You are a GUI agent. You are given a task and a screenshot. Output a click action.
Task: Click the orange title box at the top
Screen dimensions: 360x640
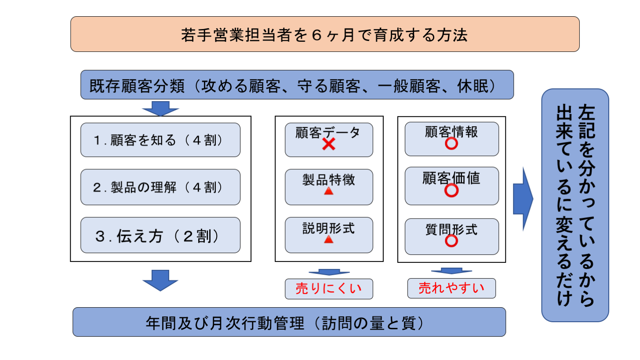pyautogui.click(x=324, y=34)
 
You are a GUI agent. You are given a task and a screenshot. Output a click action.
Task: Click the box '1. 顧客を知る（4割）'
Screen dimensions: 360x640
pyautogui.click(x=160, y=140)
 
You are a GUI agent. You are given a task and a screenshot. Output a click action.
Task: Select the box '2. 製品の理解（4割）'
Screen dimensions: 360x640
pyautogui.click(x=160, y=187)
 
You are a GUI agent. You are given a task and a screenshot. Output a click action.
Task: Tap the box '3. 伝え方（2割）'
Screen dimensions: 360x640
pyautogui.click(x=160, y=235)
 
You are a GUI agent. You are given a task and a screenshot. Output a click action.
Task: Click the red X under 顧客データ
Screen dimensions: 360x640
pyautogui.click(x=328, y=144)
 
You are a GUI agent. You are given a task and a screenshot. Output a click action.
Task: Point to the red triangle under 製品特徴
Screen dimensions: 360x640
pyautogui.click(x=328, y=192)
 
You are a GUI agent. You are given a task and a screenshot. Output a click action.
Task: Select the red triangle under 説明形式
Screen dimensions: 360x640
pyautogui.click(x=328, y=240)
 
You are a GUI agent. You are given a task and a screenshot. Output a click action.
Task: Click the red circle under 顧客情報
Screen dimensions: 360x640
pyautogui.click(x=451, y=144)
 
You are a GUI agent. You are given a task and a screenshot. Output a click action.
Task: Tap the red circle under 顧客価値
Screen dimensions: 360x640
pyautogui.click(x=451, y=190)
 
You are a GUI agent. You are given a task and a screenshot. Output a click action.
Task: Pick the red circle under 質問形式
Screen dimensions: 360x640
pyautogui.click(x=451, y=240)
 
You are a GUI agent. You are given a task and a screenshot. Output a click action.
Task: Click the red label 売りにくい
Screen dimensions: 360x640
pyautogui.click(x=328, y=289)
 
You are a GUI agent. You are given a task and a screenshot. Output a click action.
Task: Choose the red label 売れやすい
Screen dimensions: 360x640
pyautogui.click(x=451, y=288)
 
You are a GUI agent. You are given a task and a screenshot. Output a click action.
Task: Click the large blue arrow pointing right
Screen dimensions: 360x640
pyautogui.click(x=523, y=199)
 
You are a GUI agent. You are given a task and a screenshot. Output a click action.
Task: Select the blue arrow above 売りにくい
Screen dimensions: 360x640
pyautogui.click(x=329, y=272)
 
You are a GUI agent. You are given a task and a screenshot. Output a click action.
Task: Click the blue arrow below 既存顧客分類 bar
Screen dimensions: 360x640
pyautogui.click(x=161, y=108)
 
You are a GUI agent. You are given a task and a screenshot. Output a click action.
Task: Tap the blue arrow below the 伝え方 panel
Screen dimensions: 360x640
pyautogui.click(x=161, y=280)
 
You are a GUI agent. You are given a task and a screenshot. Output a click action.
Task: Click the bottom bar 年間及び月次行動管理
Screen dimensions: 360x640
pyautogui.click(x=289, y=322)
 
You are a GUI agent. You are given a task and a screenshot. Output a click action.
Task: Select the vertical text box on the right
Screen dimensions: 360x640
pyautogui.click(x=575, y=205)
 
